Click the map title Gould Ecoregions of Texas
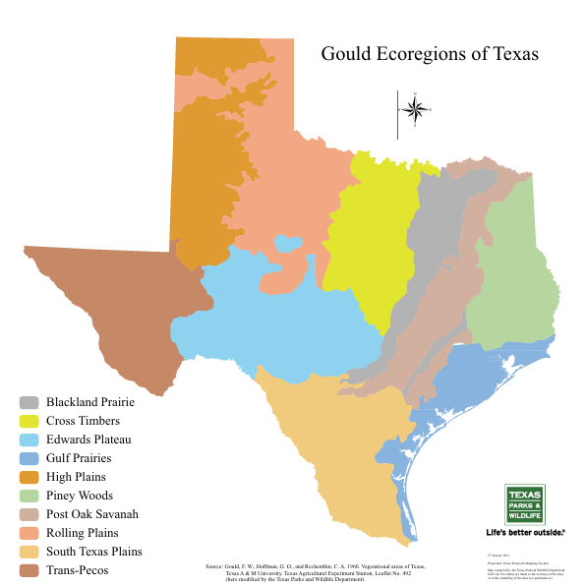[x=430, y=53]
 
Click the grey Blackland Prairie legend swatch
[x=29, y=402]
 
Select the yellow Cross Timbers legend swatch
[x=29, y=421]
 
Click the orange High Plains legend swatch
[x=29, y=477]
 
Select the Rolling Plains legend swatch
[x=29, y=533]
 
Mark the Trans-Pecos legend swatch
[x=29, y=570]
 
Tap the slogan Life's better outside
[x=526, y=532]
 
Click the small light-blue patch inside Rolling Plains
[x=287, y=242]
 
